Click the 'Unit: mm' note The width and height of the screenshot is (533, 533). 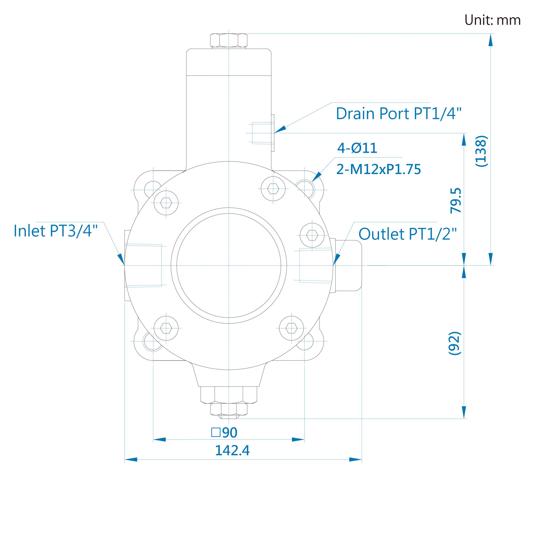(492, 20)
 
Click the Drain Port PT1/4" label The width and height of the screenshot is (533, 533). (398, 113)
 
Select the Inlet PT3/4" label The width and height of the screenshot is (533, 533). (56, 231)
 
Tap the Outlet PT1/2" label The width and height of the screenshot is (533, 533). (408, 234)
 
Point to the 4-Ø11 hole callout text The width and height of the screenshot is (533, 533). (357, 148)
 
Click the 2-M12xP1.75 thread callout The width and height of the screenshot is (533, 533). (378, 169)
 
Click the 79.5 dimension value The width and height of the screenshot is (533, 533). (455, 201)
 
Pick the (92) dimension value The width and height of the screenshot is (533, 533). (455, 343)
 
